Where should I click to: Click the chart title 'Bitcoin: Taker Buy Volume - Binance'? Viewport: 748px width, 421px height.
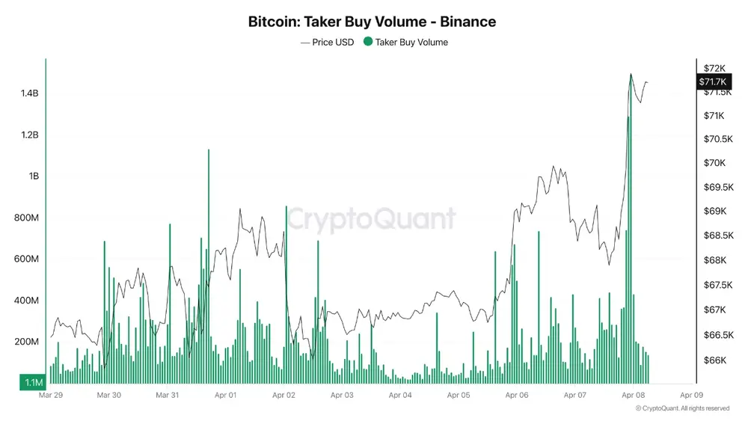372,22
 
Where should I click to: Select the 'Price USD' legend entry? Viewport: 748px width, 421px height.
328,43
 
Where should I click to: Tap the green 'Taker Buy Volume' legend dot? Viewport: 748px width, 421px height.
367,43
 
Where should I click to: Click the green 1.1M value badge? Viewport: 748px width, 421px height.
33,382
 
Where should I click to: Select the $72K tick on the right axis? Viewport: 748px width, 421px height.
715,69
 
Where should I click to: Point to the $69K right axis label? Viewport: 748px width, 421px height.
715,211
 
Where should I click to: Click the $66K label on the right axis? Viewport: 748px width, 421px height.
715,360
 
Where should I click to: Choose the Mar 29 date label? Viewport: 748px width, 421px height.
51,395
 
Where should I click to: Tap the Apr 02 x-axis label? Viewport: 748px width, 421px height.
284,395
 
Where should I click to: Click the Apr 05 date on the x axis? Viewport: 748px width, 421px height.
459,395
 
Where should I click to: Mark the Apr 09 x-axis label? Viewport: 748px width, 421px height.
692,395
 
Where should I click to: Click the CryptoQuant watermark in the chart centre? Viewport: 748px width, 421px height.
372,219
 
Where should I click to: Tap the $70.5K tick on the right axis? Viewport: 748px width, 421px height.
717,139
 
